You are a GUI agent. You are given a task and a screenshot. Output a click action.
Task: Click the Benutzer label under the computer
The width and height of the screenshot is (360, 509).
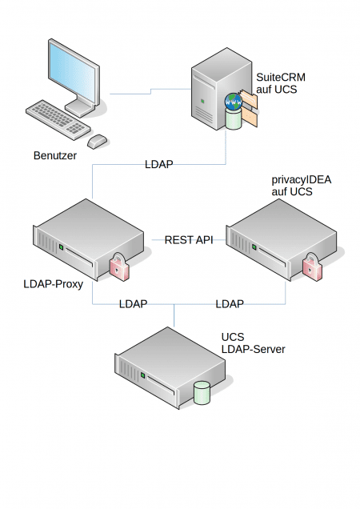coord(55,155)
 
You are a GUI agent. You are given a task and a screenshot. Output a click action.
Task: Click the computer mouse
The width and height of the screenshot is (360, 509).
coord(97,141)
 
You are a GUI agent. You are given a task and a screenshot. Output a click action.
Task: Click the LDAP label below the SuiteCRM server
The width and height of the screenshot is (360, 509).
coord(158,164)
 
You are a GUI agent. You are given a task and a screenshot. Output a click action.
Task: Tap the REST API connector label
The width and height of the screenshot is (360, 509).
coord(188,239)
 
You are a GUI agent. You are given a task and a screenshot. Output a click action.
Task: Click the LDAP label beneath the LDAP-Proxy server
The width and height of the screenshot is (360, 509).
coord(133,304)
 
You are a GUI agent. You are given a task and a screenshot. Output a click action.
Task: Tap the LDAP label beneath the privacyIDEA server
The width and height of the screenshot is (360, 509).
coord(230,304)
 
